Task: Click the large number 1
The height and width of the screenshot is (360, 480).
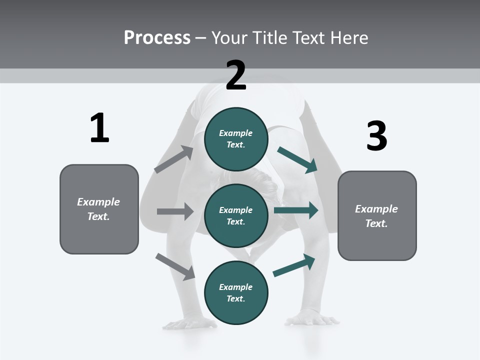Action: (99, 128)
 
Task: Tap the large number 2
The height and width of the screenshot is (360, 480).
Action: (236, 75)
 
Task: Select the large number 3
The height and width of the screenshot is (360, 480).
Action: (376, 136)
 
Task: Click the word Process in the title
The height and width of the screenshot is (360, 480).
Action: (157, 37)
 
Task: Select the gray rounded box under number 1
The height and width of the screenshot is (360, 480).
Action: (99, 209)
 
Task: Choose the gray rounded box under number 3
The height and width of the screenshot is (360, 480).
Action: (377, 215)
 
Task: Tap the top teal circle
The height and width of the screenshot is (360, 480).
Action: (236, 139)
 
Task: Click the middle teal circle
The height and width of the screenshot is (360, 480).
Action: (236, 215)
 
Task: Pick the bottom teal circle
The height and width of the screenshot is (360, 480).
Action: (236, 292)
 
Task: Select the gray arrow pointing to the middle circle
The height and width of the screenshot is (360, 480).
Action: (175, 211)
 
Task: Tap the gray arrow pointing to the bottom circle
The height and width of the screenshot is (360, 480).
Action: (175, 266)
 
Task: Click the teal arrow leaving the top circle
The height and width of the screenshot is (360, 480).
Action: (297, 159)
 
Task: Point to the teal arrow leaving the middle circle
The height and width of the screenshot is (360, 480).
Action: (296, 210)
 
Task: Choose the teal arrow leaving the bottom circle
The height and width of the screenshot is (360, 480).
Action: (294, 265)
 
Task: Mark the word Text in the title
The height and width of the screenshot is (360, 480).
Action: (307, 37)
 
